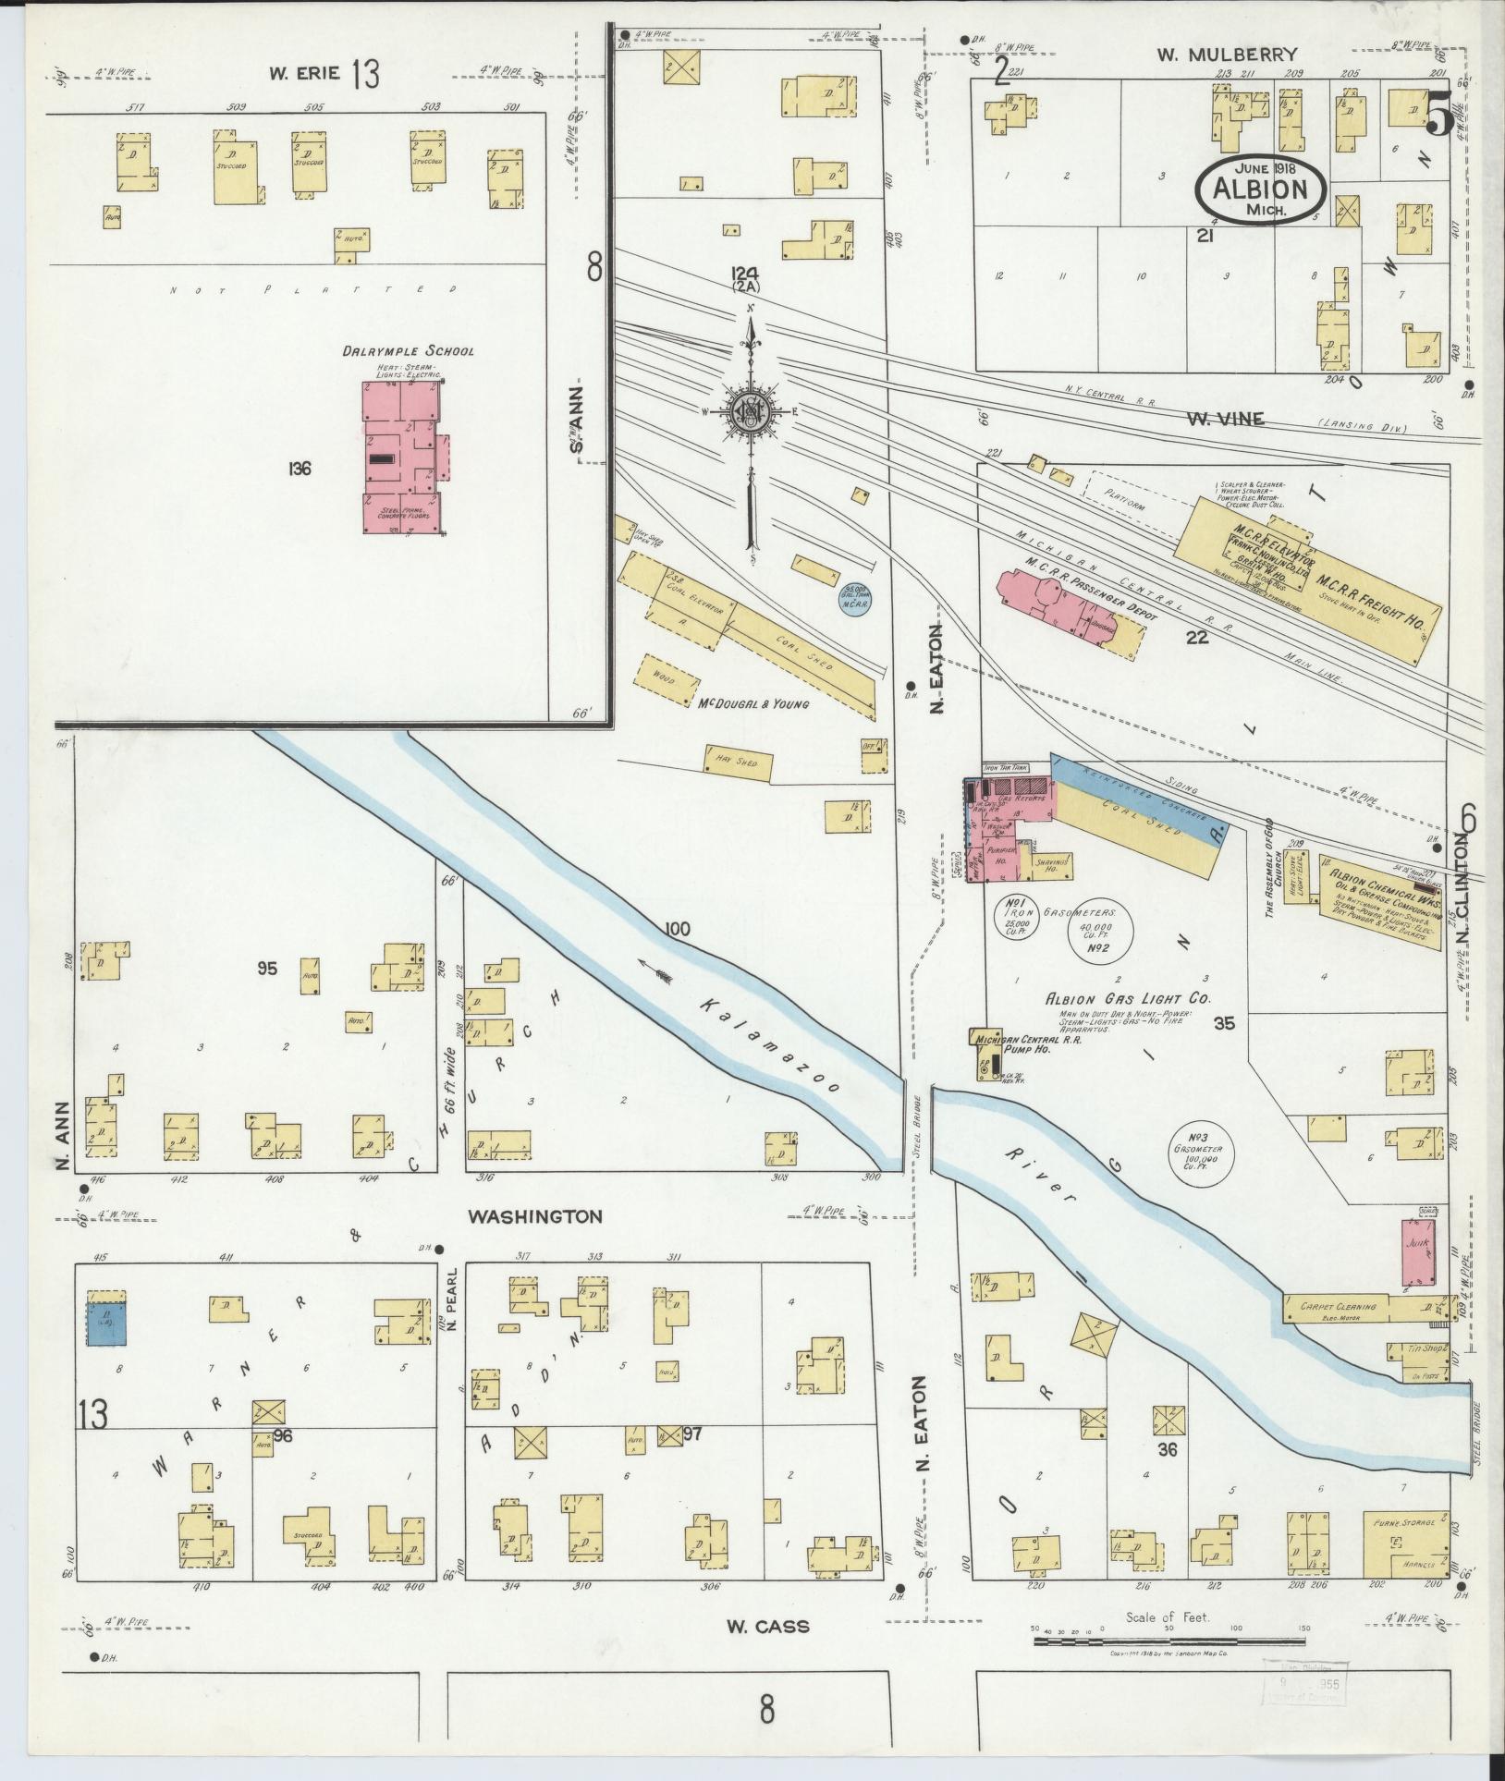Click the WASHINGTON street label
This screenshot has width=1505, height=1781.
(x=535, y=1217)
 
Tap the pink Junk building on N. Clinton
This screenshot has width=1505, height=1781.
(x=1418, y=1252)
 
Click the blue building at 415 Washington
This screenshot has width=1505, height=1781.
(x=107, y=1323)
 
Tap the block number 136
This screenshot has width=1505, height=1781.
(x=298, y=470)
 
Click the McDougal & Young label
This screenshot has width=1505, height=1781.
(x=753, y=703)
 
